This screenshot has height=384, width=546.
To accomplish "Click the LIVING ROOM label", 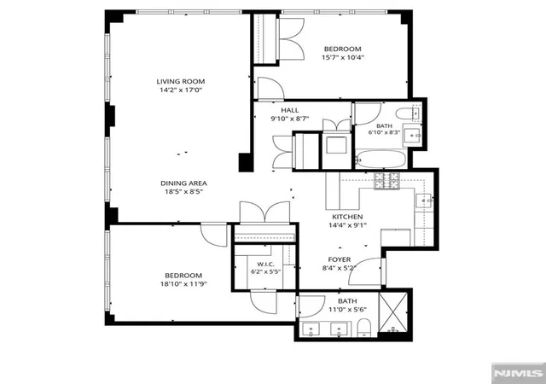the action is click(x=180, y=82).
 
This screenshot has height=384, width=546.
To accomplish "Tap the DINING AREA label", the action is click(x=183, y=183).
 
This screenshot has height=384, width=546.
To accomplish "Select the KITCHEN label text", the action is click(x=347, y=217).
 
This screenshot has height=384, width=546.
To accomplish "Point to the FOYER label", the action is click(x=340, y=259).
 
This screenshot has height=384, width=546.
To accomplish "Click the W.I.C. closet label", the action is click(x=265, y=264).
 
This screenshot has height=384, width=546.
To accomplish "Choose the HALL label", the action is click(x=290, y=110).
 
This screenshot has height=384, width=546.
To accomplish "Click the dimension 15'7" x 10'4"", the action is click(x=343, y=57).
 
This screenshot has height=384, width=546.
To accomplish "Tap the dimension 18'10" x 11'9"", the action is click(x=183, y=284).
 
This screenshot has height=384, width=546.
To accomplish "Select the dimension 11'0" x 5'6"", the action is click(x=347, y=310).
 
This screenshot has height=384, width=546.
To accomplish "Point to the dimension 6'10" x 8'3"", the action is click(x=384, y=132).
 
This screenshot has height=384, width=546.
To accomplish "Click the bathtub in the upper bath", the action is click(x=380, y=160).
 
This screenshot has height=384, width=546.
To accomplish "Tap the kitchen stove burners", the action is click(x=386, y=181).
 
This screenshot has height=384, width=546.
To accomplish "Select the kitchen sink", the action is click(x=423, y=201).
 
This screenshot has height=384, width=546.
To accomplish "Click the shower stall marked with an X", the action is click(x=392, y=312).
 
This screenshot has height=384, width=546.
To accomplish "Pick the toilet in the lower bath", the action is click(x=364, y=328).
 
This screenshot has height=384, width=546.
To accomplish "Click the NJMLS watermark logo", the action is click(x=518, y=373).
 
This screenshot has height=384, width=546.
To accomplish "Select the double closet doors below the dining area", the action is click(x=264, y=212).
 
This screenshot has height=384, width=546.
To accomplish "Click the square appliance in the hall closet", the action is click(x=336, y=145).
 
